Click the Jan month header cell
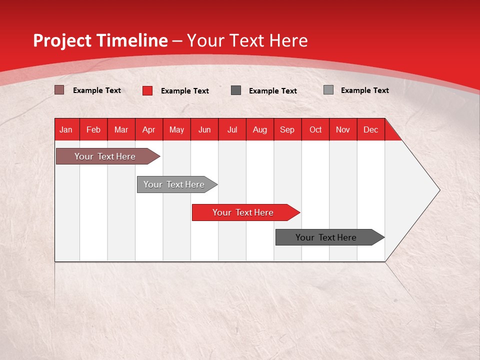tap(66, 129)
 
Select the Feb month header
tap(93, 129)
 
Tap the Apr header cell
tap(148, 129)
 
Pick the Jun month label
tap(204, 129)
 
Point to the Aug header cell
tap(259, 129)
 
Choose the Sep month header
tap(287, 129)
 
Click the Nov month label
tap(342, 129)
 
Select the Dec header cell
tap(370, 129)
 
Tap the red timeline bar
tap(243, 212)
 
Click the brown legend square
tap(59, 90)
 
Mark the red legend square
tap(147, 90)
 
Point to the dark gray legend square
tap(236, 90)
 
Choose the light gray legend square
tap(328, 90)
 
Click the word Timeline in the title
tap(132, 40)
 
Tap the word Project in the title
tap(63, 40)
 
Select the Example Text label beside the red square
tap(184, 91)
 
